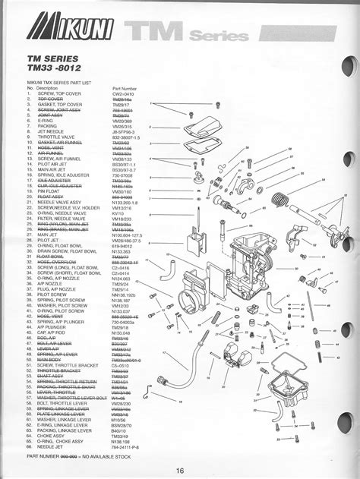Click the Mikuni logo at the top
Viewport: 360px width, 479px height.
(x=73, y=34)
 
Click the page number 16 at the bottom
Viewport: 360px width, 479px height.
(x=180, y=468)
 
